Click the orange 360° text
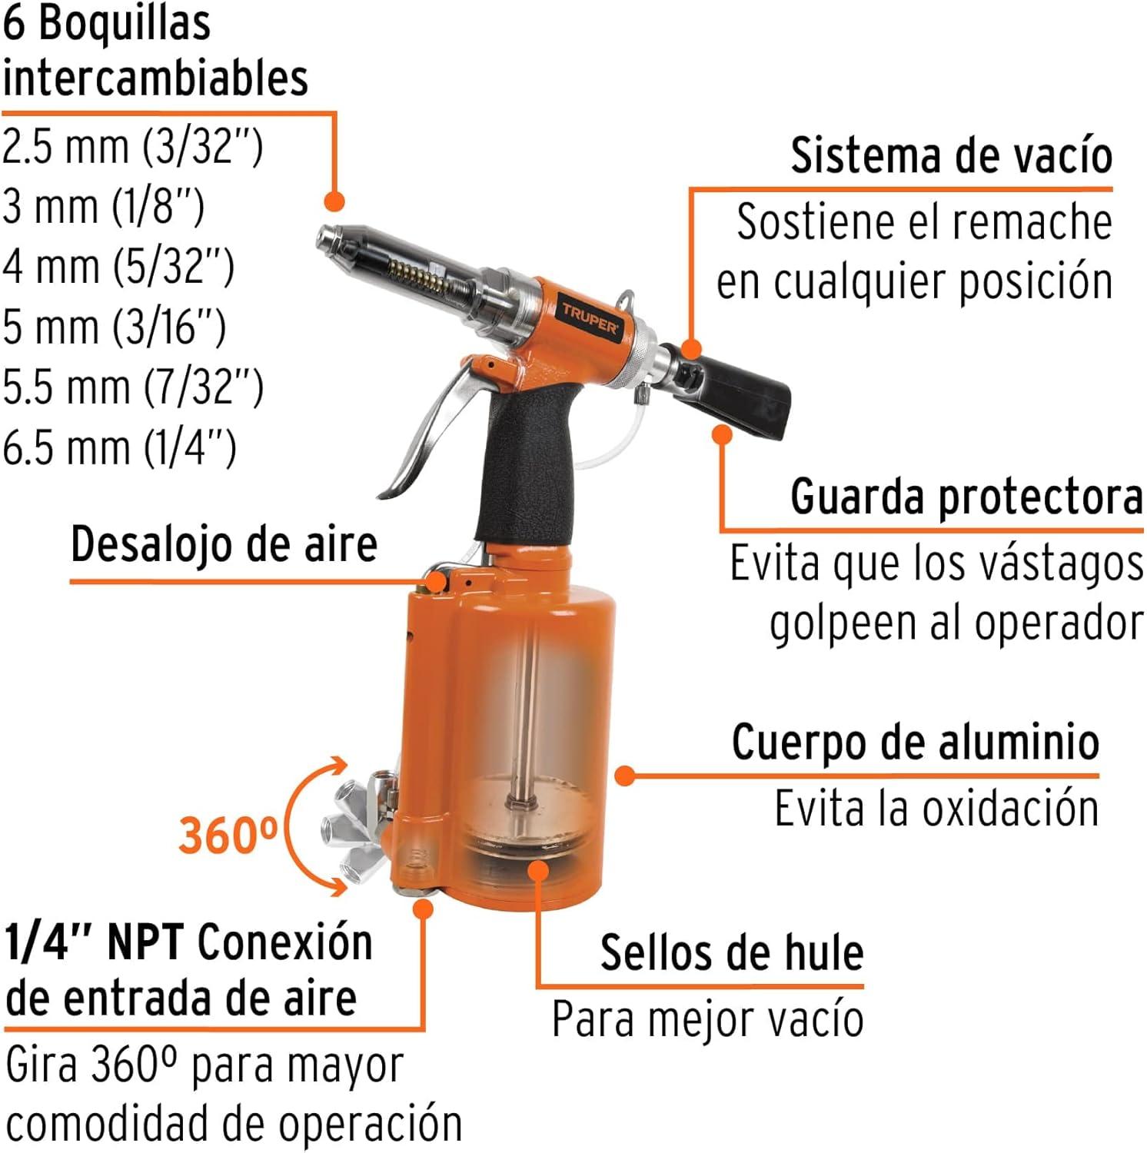228,835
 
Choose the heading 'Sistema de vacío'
952,156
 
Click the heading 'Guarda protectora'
966,497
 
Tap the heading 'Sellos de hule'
732,953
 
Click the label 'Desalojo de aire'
224,545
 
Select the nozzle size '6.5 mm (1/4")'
119,447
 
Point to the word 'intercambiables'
155,78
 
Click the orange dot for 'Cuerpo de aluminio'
626,776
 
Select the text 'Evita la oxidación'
936,809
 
